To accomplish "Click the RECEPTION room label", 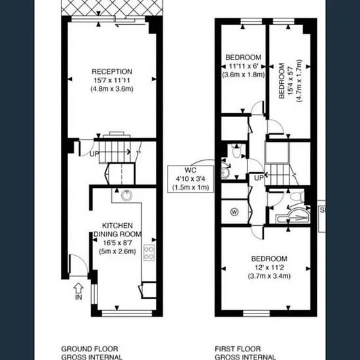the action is coord(112,71).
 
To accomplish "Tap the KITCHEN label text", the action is coord(117,225).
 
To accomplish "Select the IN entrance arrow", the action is coord(79,288).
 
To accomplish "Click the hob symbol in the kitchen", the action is coord(149,253).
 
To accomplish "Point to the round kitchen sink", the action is coord(126,196).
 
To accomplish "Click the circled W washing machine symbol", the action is coord(234,211).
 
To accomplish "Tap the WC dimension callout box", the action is coord(190,179).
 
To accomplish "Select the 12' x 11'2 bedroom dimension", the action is coord(269,268).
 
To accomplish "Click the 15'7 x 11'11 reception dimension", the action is coord(112,81).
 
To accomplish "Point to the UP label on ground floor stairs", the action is coord(94,154).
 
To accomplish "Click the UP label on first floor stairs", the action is coord(259,178).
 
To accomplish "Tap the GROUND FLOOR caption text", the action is coord(90,349).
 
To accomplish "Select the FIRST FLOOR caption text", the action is coord(238,349).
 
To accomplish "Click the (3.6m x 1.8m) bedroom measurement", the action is coord(243,75).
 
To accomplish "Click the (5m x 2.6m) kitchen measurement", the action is coord(117,251).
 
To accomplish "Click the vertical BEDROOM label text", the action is coord(281,81).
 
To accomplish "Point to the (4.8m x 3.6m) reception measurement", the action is coord(112,89).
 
